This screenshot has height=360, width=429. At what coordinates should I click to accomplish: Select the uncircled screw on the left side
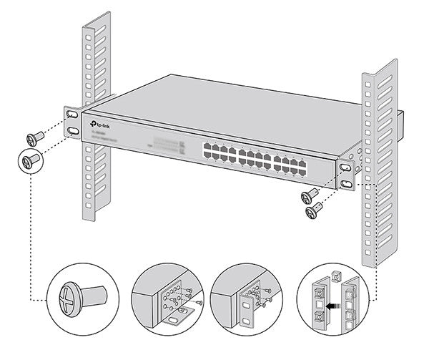[34, 138]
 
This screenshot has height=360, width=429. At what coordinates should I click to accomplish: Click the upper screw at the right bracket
[310, 195]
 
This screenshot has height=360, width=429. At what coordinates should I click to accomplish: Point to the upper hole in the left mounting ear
[72, 115]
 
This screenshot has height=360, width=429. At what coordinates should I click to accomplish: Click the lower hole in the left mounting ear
[74, 131]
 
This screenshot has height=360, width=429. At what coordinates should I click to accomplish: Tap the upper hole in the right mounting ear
[345, 167]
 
